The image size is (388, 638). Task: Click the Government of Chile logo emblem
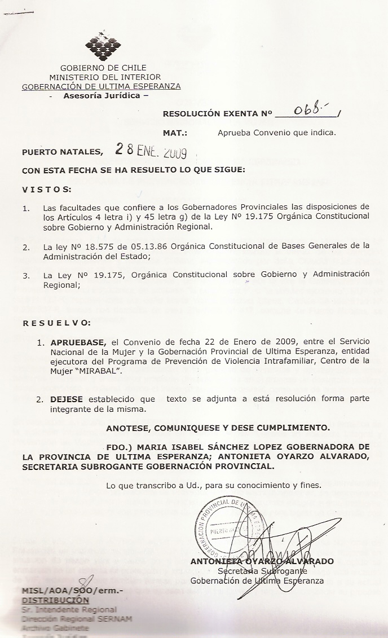tap(103, 46)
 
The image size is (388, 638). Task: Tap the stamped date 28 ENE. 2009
tap(151, 151)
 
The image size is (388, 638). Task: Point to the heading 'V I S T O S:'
tap(46, 188)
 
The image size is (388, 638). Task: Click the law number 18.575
tap(83, 246)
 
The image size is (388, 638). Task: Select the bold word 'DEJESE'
tap(67, 398)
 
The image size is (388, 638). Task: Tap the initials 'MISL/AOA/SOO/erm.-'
tap(72, 591)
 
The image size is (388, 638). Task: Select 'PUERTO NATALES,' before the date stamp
tap(63, 151)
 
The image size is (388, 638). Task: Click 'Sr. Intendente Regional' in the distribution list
tap(69, 609)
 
